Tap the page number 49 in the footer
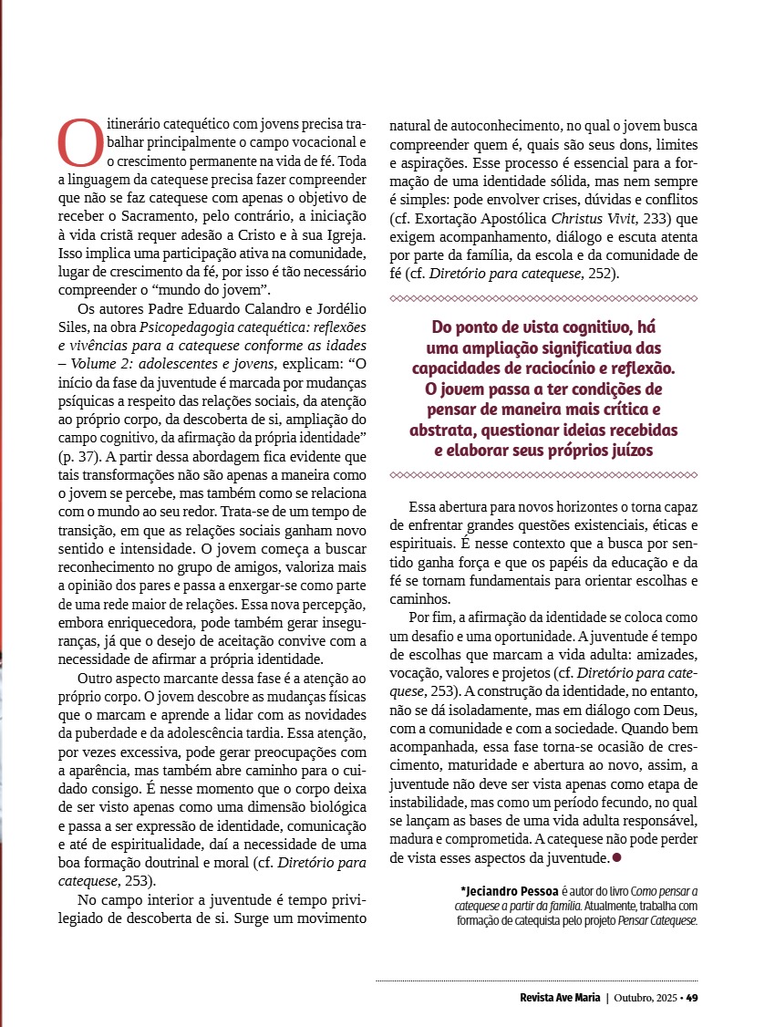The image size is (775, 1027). (x=692, y=996)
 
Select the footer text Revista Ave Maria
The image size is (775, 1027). (x=555, y=996)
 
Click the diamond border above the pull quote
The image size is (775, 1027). (x=543, y=298)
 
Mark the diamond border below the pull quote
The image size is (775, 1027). (x=543, y=474)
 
